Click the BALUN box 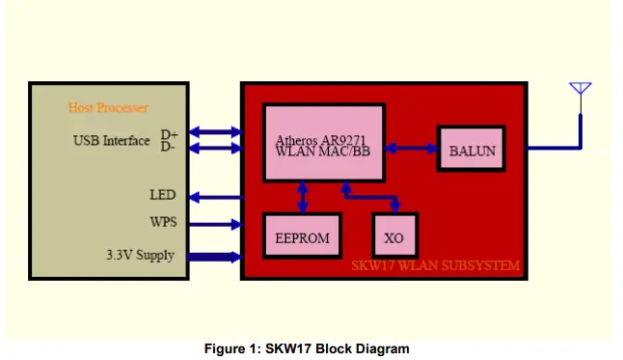point(472,150)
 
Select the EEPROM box point(303,237)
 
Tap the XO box point(394,237)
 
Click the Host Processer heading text point(108,107)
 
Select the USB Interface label point(112,141)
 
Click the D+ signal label point(169,134)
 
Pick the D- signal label point(169,147)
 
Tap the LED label point(163,195)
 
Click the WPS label point(163,223)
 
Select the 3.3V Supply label point(141,257)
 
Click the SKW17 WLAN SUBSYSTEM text point(435,265)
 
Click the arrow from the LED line point(214,197)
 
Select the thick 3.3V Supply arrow point(214,257)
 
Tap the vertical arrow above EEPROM point(303,197)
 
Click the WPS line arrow point(214,224)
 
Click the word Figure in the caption point(226,348)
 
